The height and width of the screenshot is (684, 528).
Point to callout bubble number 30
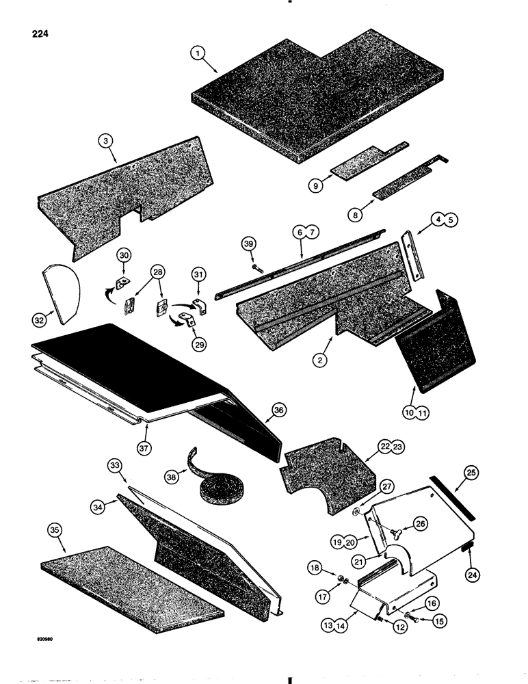tap(123, 254)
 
